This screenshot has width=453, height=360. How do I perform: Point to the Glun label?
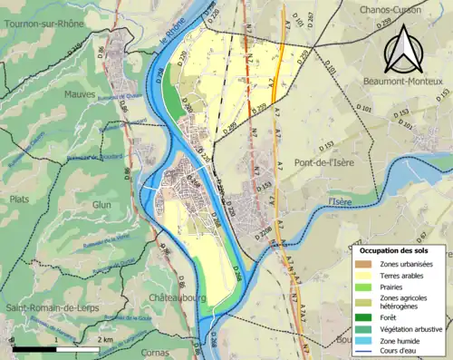click(102, 205)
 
